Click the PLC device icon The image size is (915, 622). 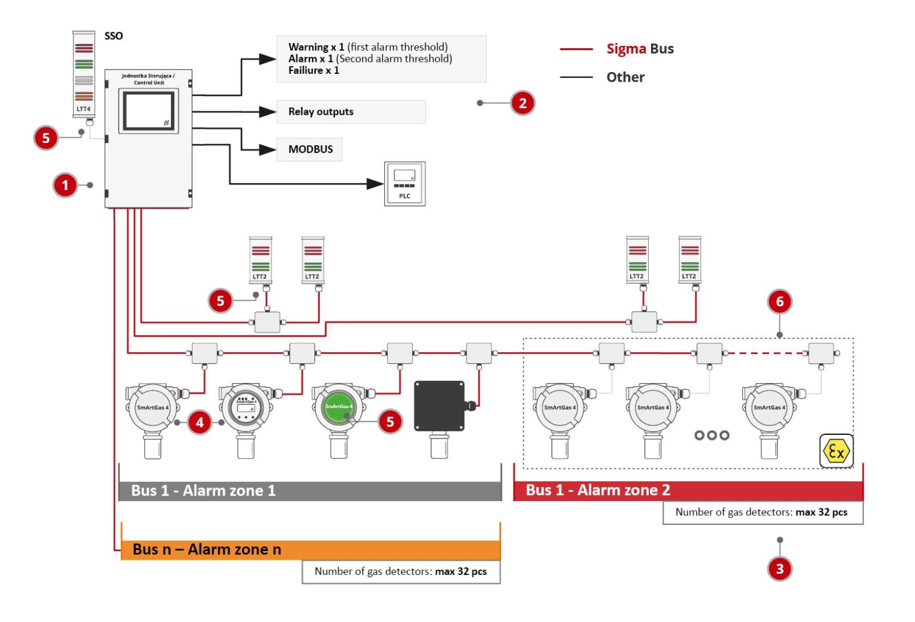click(404, 184)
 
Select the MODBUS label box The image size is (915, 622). click(310, 149)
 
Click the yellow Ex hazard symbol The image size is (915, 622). click(836, 451)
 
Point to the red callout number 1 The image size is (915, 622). click(65, 185)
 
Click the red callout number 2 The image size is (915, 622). click(522, 103)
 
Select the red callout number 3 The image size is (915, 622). click(779, 568)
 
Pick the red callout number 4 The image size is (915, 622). click(200, 422)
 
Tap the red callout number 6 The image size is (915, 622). click(779, 301)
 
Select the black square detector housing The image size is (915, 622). click(439, 406)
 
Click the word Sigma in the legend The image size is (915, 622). click(625, 49)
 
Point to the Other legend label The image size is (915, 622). click(625, 77)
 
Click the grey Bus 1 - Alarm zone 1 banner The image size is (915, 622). click(310, 491)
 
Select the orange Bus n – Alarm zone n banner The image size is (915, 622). click(310, 549)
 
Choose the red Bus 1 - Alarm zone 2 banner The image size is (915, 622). click(687, 490)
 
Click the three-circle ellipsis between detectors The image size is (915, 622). click(711, 436)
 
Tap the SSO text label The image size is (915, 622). click(113, 36)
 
